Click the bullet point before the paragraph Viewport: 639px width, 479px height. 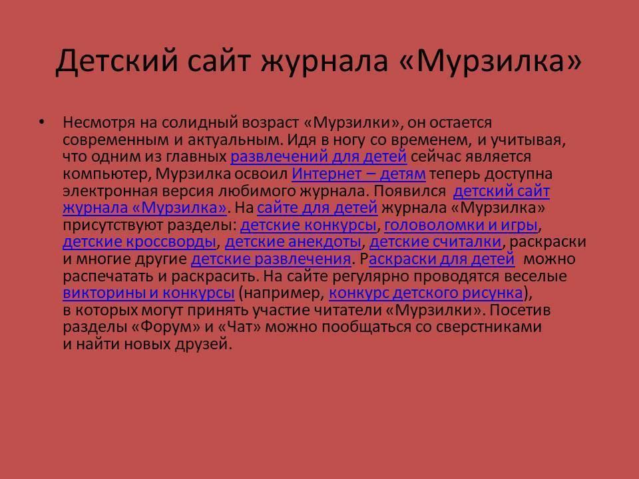[x=41, y=122]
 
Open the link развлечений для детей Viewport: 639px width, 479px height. [x=319, y=157]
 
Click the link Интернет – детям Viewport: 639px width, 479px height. [x=359, y=174]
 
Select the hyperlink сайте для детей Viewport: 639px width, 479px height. [x=318, y=208]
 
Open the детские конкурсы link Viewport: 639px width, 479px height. [x=308, y=225]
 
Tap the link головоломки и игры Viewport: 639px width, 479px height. [x=461, y=226]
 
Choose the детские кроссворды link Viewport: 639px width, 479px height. [x=139, y=242]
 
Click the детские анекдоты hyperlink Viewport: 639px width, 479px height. [x=293, y=242]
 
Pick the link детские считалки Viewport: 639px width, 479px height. [x=435, y=242]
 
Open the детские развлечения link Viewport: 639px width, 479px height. [x=271, y=259]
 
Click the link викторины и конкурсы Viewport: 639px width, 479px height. [x=148, y=293]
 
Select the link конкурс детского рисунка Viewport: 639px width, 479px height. [x=426, y=293]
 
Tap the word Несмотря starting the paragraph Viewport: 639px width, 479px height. [x=99, y=122]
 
